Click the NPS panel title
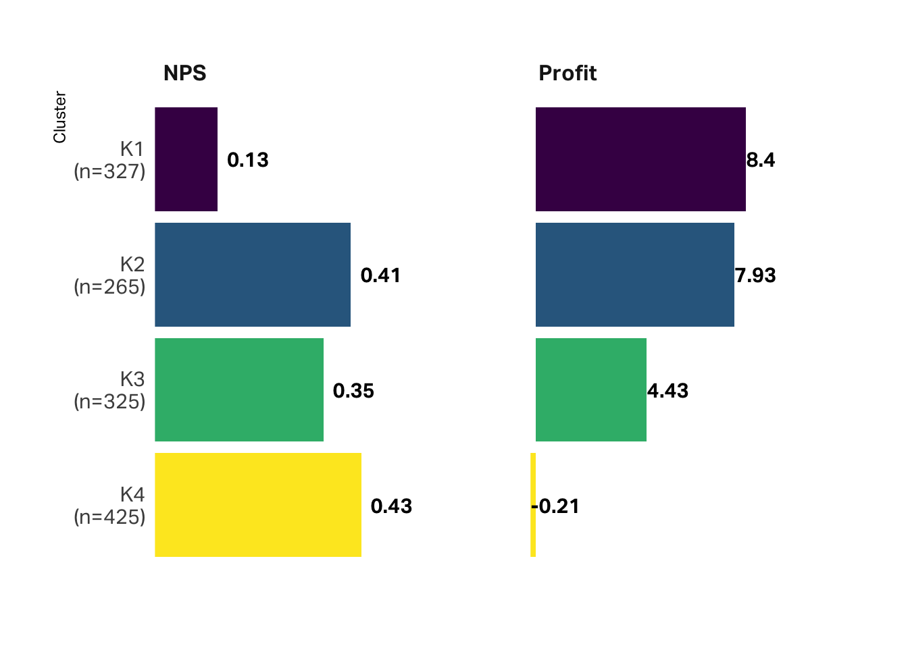pos(184,73)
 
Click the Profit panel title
pos(567,73)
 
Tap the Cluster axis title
pos(59,117)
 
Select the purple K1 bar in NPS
pos(186,159)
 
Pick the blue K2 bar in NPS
pos(253,275)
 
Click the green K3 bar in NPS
pos(239,390)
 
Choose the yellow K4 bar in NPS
pos(258,505)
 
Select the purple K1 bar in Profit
pos(640,159)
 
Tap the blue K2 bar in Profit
pos(634,275)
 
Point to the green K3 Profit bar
pos(590,390)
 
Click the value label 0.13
pos(248,160)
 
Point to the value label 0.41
pos(380,275)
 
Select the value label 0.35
pos(353,391)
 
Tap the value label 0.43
pos(391,506)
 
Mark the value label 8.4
pos(761,160)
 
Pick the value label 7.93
pos(755,275)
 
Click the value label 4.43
pos(667,391)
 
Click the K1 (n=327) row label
pos(110,160)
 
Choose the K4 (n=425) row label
pos(110,506)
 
